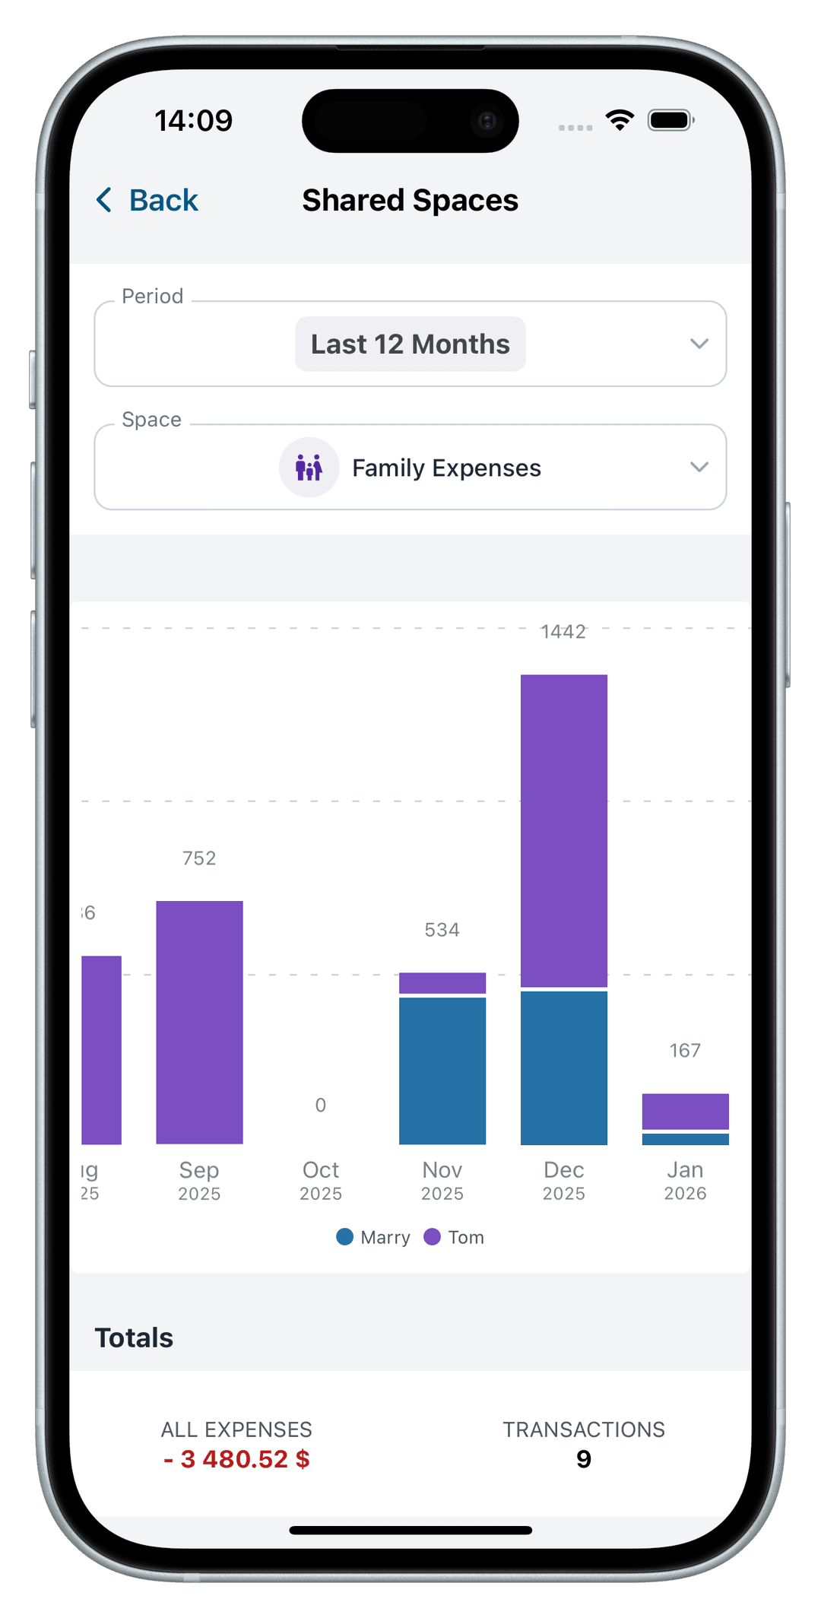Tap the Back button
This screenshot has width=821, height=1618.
click(147, 201)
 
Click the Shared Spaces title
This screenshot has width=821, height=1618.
click(410, 201)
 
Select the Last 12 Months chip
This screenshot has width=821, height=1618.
click(410, 344)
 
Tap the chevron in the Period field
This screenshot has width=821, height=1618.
click(699, 344)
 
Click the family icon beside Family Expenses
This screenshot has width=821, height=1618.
click(309, 468)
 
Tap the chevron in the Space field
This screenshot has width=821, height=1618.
click(699, 467)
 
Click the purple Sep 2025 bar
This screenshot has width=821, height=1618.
click(199, 1022)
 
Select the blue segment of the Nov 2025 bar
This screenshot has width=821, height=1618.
click(442, 1070)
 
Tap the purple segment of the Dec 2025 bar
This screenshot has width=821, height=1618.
click(563, 830)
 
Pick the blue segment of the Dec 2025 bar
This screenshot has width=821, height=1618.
click(563, 1068)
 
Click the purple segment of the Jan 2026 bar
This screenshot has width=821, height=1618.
click(685, 1111)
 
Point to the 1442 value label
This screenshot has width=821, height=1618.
click(563, 632)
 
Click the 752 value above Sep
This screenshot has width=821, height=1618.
click(199, 858)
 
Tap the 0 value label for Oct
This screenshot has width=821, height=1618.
click(321, 1105)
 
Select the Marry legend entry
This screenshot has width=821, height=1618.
click(374, 1237)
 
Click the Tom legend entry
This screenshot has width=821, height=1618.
click(455, 1237)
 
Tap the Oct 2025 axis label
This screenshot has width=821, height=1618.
click(321, 1180)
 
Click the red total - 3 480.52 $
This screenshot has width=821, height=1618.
click(236, 1459)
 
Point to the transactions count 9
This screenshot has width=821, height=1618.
click(583, 1459)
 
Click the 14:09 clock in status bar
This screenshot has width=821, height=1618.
click(194, 121)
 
